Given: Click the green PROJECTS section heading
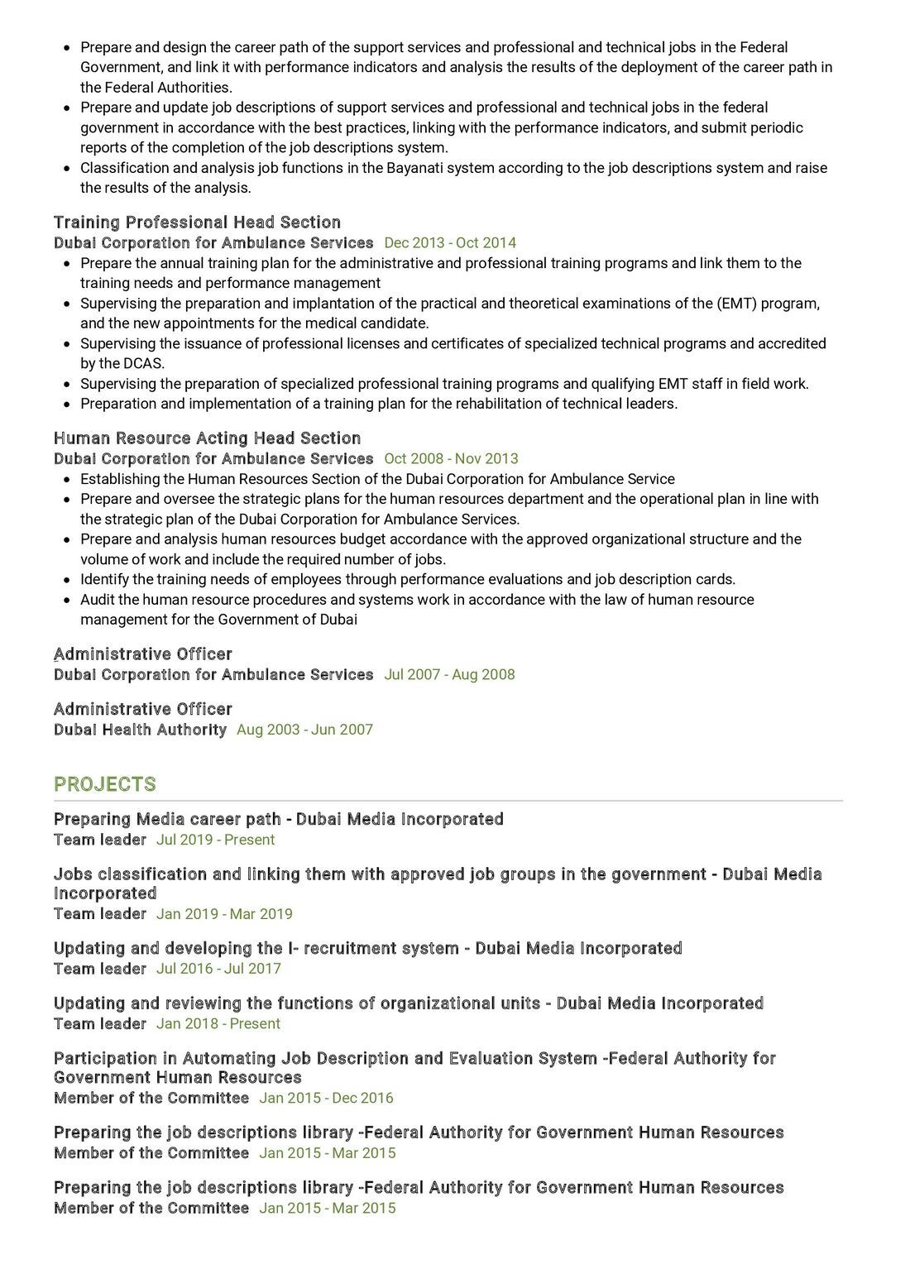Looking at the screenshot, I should click(x=104, y=784).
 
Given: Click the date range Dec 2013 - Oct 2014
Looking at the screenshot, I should click(x=450, y=243).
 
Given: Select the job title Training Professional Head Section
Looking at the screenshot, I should click(x=197, y=223).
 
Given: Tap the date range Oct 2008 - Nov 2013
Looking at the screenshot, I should click(x=451, y=459).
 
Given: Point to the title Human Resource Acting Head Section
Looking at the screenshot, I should click(x=207, y=438).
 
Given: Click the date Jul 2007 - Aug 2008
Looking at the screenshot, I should click(x=449, y=675).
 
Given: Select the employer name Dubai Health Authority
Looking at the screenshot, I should click(x=140, y=730).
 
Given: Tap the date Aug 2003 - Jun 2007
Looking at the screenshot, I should click(x=304, y=730).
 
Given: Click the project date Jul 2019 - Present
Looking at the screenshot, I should click(x=215, y=840).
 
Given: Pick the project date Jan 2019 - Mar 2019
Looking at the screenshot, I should click(x=224, y=914).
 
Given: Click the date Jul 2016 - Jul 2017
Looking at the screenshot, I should click(x=218, y=969).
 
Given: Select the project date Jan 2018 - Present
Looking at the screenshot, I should click(x=218, y=1024).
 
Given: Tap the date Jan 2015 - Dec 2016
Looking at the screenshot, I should click(x=326, y=1099).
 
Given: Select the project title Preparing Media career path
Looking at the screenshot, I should click(x=167, y=819).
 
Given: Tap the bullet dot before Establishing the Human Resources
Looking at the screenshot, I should click(x=67, y=480).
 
